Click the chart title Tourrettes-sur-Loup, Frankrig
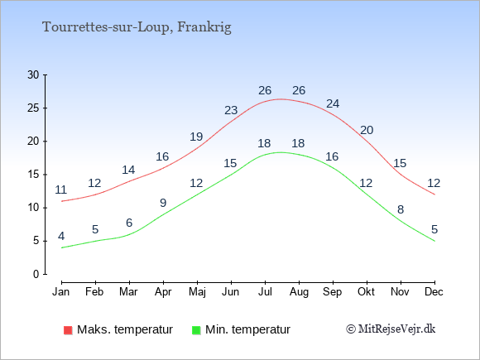point(137,27)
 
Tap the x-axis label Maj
point(197,292)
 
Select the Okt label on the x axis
point(366,291)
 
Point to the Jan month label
point(61,291)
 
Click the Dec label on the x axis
point(434,291)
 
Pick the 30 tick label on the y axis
point(33,74)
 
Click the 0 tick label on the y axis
point(36,274)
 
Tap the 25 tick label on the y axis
point(33,108)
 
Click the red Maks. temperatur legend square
point(68,330)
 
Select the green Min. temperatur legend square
point(196,330)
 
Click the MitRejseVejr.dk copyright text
point(391,329)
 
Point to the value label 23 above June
point(231,110)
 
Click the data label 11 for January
point(61,190)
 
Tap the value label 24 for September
point(333,103)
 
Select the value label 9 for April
point(163,203)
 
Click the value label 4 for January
point(61,236)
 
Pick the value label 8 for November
point(401,209)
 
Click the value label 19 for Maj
point(196,137)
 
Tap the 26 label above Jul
point(265,90)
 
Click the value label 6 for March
point(129,223)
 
